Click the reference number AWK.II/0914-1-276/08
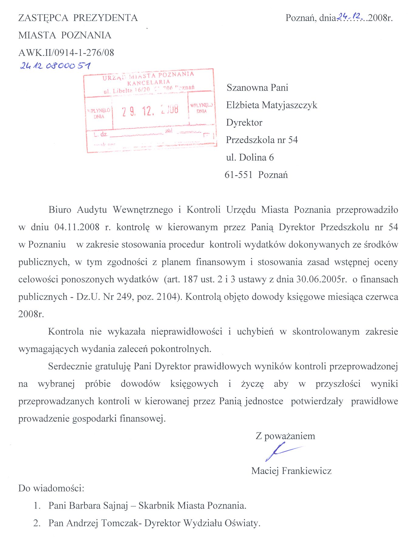[x=66, y=53]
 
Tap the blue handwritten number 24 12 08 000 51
[x=55, y=66]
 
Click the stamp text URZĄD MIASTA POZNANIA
[x=148, y=76]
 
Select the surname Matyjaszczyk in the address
[x=289, y=105]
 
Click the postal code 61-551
[x=239, y=175]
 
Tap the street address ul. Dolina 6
[x=250, y=157]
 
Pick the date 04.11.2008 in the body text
[x=77, y=227]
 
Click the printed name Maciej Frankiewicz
[x=291, y=471]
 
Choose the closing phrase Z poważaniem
[x=285, y=436]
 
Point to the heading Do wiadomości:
[x=51, y=488]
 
